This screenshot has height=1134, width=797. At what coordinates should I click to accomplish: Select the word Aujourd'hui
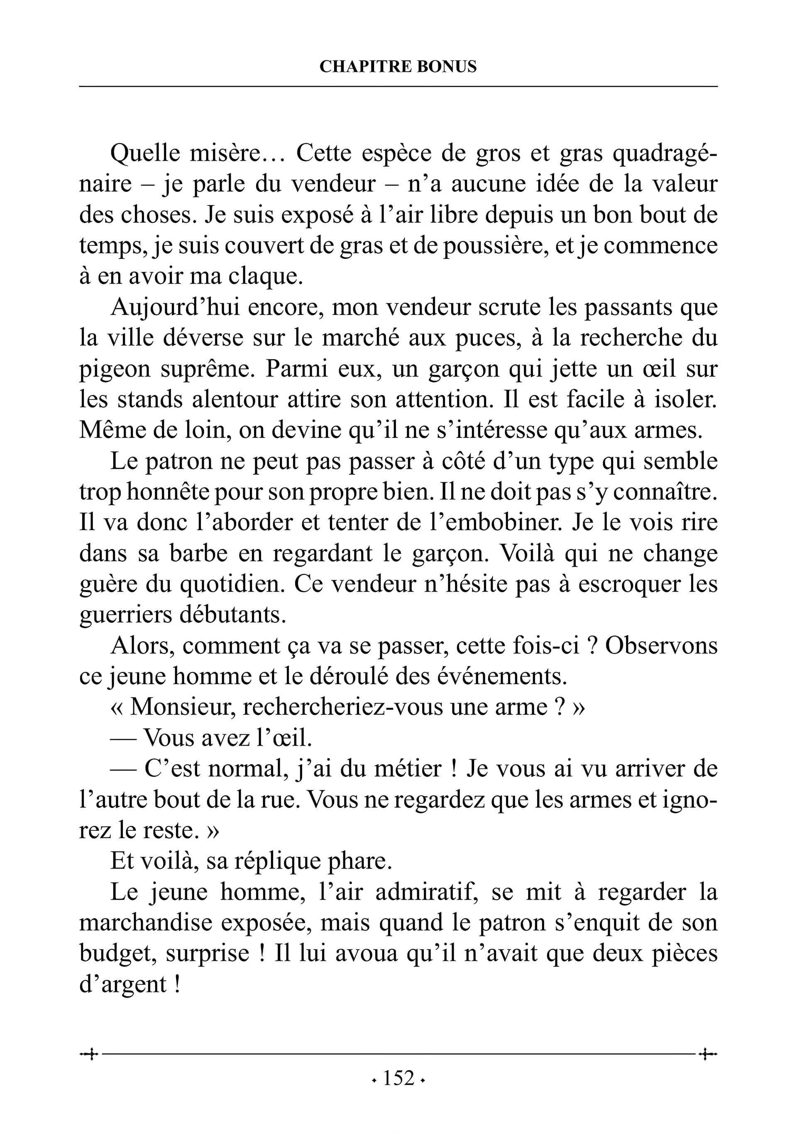175,307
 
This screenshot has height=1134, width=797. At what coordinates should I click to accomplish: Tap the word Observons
661,646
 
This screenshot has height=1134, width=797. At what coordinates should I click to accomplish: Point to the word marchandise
146,923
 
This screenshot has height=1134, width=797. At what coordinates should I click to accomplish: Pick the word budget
118,954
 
